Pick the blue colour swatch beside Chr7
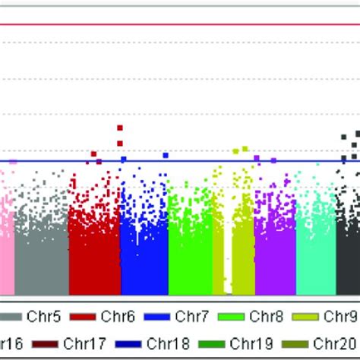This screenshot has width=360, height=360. point(156,316)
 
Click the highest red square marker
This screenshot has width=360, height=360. point(120,128)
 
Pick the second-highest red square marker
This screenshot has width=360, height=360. point(120,142)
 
